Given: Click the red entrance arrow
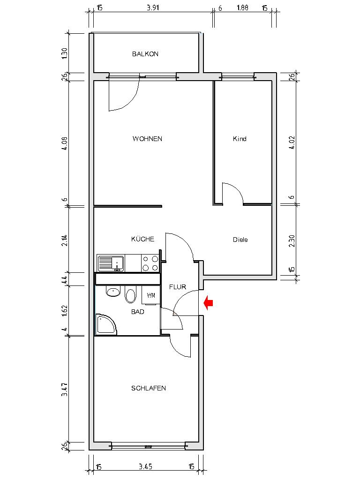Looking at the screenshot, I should (x=209, y=303).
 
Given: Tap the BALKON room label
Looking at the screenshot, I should (x=145, y=54).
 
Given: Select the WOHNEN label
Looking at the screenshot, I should (x=147, y=139).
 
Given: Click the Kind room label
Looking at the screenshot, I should (x=240, y=139).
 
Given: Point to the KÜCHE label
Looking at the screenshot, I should (x=142, y=239).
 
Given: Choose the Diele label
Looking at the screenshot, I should (x=240, y=240).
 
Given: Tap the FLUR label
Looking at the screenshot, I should (x=178, y=287).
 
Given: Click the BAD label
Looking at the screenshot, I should (x=137, y=311).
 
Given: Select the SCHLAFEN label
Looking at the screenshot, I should (x=148, y=388).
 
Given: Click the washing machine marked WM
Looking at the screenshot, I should (x=151, y=295).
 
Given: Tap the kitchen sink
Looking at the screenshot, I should (x=111, y=263).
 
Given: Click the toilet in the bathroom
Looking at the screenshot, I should (x=130, y=294).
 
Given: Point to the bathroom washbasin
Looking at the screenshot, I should (x=113, y=292).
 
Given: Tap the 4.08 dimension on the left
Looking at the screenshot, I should (x=65, y=142).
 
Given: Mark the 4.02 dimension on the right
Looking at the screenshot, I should (x=292, y=142).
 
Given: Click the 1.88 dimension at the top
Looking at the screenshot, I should (x=242, y=8).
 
